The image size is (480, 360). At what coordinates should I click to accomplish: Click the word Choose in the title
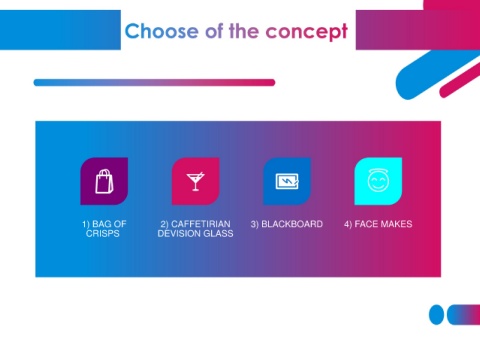[x=162, y=31]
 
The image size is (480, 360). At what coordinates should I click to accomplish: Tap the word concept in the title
[x=307, y=32]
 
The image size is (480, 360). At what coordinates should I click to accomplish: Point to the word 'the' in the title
[x=244, y=31]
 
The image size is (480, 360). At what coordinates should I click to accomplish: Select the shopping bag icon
[x=104, y=181]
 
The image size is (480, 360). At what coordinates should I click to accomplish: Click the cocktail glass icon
[x=196, y=181]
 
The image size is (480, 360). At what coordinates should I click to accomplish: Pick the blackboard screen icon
[x=287, y=181]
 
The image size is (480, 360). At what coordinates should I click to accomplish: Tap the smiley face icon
[x=378, y=180]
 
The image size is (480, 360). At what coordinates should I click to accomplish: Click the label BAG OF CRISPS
[x=104, y=228]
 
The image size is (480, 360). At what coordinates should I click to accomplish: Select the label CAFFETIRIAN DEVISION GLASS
[x=195, y=228]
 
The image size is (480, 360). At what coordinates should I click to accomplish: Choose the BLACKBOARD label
[x=287, y=224]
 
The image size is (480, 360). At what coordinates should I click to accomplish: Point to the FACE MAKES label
[x=378, y=224]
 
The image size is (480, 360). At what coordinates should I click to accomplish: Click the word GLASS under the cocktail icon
[x=218, y=233]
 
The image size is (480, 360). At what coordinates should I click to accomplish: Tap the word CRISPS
[x=103, y=233]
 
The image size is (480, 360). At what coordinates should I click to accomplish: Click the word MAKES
[x=396, y=224]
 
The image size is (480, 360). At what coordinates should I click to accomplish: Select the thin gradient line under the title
[x=154, y=82]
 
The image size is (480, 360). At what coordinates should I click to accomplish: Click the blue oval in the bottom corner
[x=436, y=314]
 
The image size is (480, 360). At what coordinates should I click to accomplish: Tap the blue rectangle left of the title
[x=60, y=30]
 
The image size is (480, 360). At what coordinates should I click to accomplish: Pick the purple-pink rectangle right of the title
[x=418, y=30]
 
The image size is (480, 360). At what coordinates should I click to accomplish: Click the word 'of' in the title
[x=214, y=31]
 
